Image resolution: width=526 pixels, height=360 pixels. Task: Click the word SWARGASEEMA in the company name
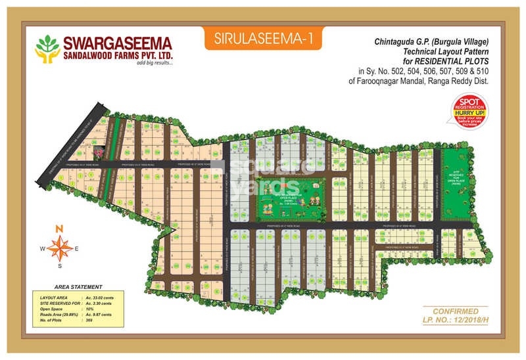(118, 43)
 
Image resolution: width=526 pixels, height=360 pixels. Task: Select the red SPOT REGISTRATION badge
(469, 110)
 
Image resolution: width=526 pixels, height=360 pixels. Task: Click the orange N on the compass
(59, 228)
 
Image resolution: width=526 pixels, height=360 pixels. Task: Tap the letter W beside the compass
(42, 248)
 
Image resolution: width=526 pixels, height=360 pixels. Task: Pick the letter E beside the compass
(76, 248)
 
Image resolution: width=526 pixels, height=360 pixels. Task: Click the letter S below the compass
(59, 267)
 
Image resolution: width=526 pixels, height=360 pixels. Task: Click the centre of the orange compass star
(59, 248)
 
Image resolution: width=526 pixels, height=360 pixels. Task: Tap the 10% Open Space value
(89, 309)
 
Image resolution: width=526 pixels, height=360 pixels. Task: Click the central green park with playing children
(290, 199)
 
